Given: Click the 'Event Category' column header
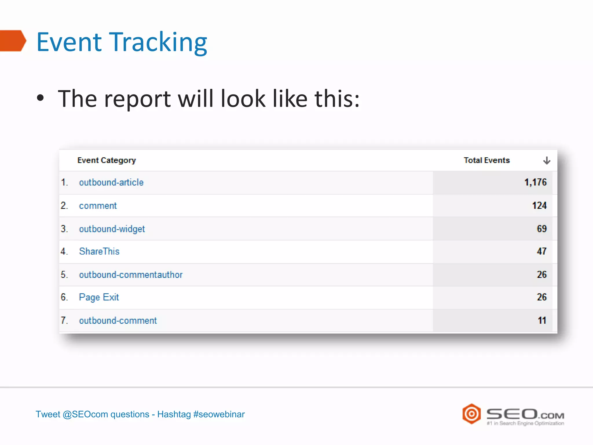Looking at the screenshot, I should click(107, 161).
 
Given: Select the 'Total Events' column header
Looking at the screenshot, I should click(486, 161).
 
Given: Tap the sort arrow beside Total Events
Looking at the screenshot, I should click(546, 161).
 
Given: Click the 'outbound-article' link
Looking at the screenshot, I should click(111, 183).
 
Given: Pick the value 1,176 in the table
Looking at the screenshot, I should click(535, 182).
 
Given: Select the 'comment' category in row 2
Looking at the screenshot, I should click(98, 206).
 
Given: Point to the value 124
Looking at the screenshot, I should click(539, 206).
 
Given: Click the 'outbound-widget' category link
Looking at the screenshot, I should click(112, 229).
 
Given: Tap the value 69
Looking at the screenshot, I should click(541, 229).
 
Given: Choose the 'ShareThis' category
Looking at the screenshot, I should click(99, 251).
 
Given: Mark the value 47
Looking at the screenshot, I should click(541, 251).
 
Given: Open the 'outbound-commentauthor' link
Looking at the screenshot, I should click(131, 275).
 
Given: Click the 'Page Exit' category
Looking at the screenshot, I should click(99, 297).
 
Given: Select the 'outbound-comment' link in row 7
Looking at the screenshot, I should click(118, 320).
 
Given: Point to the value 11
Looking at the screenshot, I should click(542, 320).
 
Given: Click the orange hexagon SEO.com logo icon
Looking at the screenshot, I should click(471, 414).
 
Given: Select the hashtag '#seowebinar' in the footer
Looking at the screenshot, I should click(219, 414).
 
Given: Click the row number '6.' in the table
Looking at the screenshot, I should click(64, 297).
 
